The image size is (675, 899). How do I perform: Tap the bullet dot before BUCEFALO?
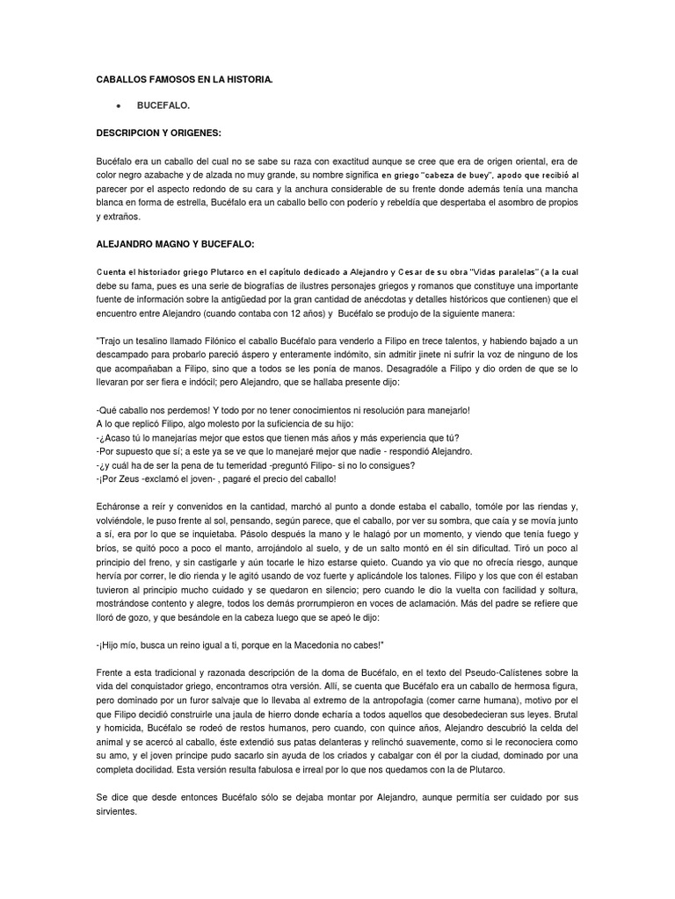pos(117,105)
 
